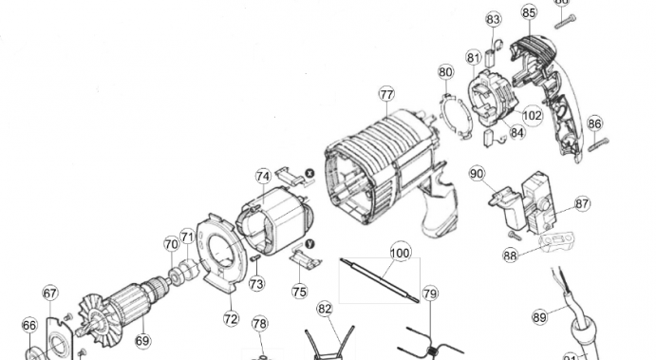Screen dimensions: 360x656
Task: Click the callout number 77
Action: coord(386,94)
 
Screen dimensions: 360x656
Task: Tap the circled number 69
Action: coord(142,340)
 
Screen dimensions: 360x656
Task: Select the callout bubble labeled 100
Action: coord(401,254)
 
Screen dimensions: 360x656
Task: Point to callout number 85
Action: coord(529,12)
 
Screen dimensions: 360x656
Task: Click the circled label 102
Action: coord(532,116)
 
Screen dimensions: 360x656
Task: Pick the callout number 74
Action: coord(263,176)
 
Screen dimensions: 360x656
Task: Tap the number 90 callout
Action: coord(477,174)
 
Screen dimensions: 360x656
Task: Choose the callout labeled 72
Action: coord(231,318)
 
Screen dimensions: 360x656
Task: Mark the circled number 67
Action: coord(50,294)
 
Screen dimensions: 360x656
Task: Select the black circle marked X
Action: coord(309,173)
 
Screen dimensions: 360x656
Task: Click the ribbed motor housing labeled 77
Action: coord(380,161)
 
